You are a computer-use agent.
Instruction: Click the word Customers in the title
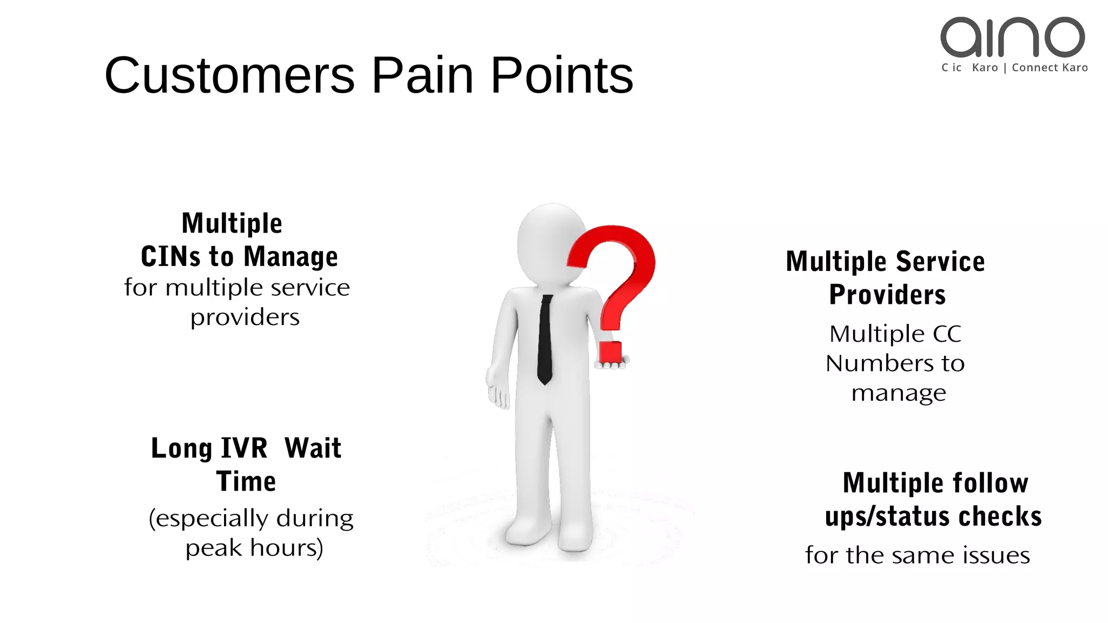pyautogui.click(x=229, y=75)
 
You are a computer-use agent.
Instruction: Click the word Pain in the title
pyautogui.click(x=422, y=75)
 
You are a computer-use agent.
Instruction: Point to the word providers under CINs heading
pyautogui.click(x=245, y=317)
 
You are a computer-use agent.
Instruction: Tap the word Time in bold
pyautogui.click(x=246, y=481)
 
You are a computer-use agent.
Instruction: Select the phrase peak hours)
pyautogui.click(x=254, y=548)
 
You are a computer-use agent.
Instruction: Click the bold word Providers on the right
pyautogui.click(x=887, y=295)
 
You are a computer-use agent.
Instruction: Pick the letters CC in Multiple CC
pyautogui.click(x=947, y=334)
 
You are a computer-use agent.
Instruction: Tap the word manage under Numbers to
pyautogui.click(x=899, y=393)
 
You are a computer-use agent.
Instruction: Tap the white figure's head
pyautogui.click(x=546, y=241)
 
